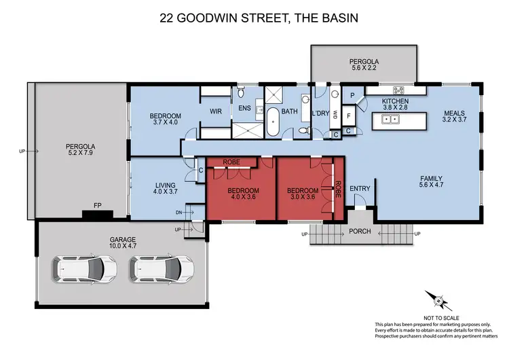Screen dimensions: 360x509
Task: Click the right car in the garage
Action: (x=160, y=270)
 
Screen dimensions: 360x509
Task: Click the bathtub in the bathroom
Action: (x=272, y=122)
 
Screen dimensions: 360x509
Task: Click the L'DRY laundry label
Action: (x=320, y=111)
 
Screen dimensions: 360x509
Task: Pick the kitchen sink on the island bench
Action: (x=391, y=120)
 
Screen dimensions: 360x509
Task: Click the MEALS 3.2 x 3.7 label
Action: (x=455, y=117)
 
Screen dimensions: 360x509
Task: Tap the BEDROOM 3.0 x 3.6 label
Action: (x=302, y=194)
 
